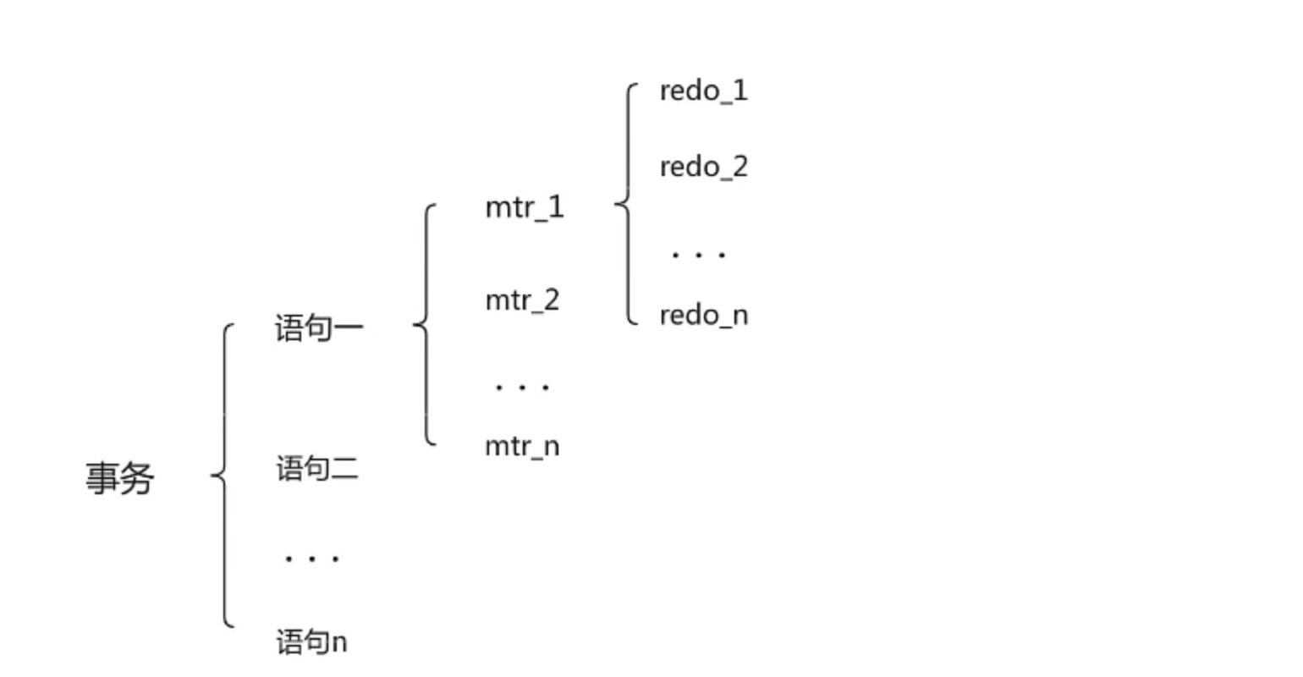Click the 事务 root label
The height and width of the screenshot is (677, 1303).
(119, 479)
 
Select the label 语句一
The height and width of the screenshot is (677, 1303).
(319, 328)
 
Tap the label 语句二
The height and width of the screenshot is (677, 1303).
(317, 468)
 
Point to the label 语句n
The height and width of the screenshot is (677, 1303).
(311, 641)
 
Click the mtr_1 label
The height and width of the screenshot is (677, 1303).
(525, 207)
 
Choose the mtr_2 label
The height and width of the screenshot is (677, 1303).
(522, 300)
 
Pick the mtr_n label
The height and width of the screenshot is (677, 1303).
(522, 446)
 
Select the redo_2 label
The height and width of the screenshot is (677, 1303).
(703, 167)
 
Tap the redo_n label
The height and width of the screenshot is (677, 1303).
(703, 316)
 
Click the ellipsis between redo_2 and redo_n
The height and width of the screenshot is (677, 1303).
(698, 254)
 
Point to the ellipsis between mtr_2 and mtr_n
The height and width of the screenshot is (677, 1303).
(522, 388)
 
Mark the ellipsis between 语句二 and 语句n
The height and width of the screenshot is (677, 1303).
(311, 559)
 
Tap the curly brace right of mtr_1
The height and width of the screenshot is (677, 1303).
(627, 203)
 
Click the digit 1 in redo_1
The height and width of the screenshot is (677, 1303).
(740, 90)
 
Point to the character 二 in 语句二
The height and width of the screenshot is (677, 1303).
(344, 468)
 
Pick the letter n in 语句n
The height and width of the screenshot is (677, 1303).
(338, 642)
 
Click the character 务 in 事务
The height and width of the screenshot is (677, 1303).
(137, 479)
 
